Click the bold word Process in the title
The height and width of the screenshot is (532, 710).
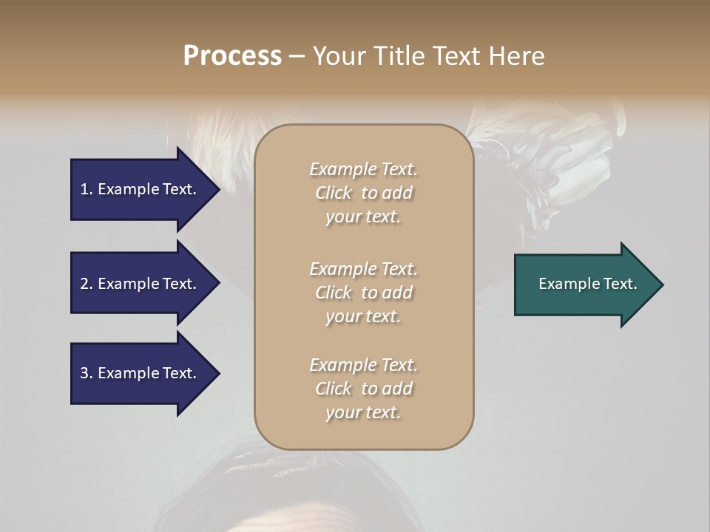tap(232, 56)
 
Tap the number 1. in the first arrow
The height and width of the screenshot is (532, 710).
tap(87, 189)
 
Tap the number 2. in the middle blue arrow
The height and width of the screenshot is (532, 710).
tap(87, 284)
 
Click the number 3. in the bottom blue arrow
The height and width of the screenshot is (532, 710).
tap(87, 373)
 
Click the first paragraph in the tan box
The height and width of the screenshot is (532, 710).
tap(363, 193)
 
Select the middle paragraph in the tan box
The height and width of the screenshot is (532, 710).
tap(363, 293)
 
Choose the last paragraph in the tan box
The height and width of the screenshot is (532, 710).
tap(363, 389)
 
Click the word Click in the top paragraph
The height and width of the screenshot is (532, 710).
tap(334, 193)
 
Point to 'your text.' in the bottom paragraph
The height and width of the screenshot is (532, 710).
tap(363, 412)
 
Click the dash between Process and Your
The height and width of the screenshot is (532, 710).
tap(297, 56)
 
